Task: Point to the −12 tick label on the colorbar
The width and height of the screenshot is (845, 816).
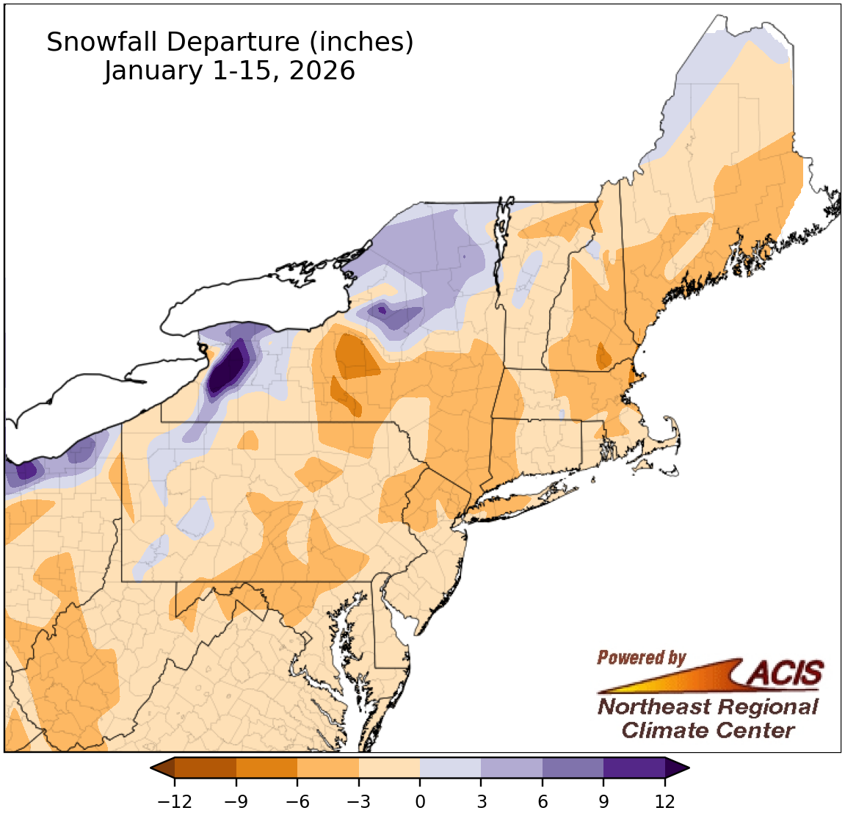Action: pyautogui.click(x=174, y=801)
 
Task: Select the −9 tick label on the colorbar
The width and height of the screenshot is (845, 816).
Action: pyautogui.click(x=236, y=801)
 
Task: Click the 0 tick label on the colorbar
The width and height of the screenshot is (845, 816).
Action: pyautogui.click(x=420, y=801)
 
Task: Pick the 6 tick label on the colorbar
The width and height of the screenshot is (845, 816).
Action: pyautogui.click(x=543, y=801)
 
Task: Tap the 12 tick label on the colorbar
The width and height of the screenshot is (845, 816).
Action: pyautogui.click(x=664, y=801)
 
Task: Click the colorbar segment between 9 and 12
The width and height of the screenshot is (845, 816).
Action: pyautogui.click(x=634, y=768)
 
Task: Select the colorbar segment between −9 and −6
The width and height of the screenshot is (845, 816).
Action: pyautogui.click(x=266, y=768)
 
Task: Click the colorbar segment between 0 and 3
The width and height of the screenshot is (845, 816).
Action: pyautogui.click(x=450, y=768)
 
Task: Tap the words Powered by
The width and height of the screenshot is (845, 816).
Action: pyautogui.click(x=641, y=657)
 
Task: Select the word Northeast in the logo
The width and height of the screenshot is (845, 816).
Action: pyautogui.click(x=653, y=707)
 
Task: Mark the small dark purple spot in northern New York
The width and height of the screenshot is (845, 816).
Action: pyautogui.click(x=382, y=311)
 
